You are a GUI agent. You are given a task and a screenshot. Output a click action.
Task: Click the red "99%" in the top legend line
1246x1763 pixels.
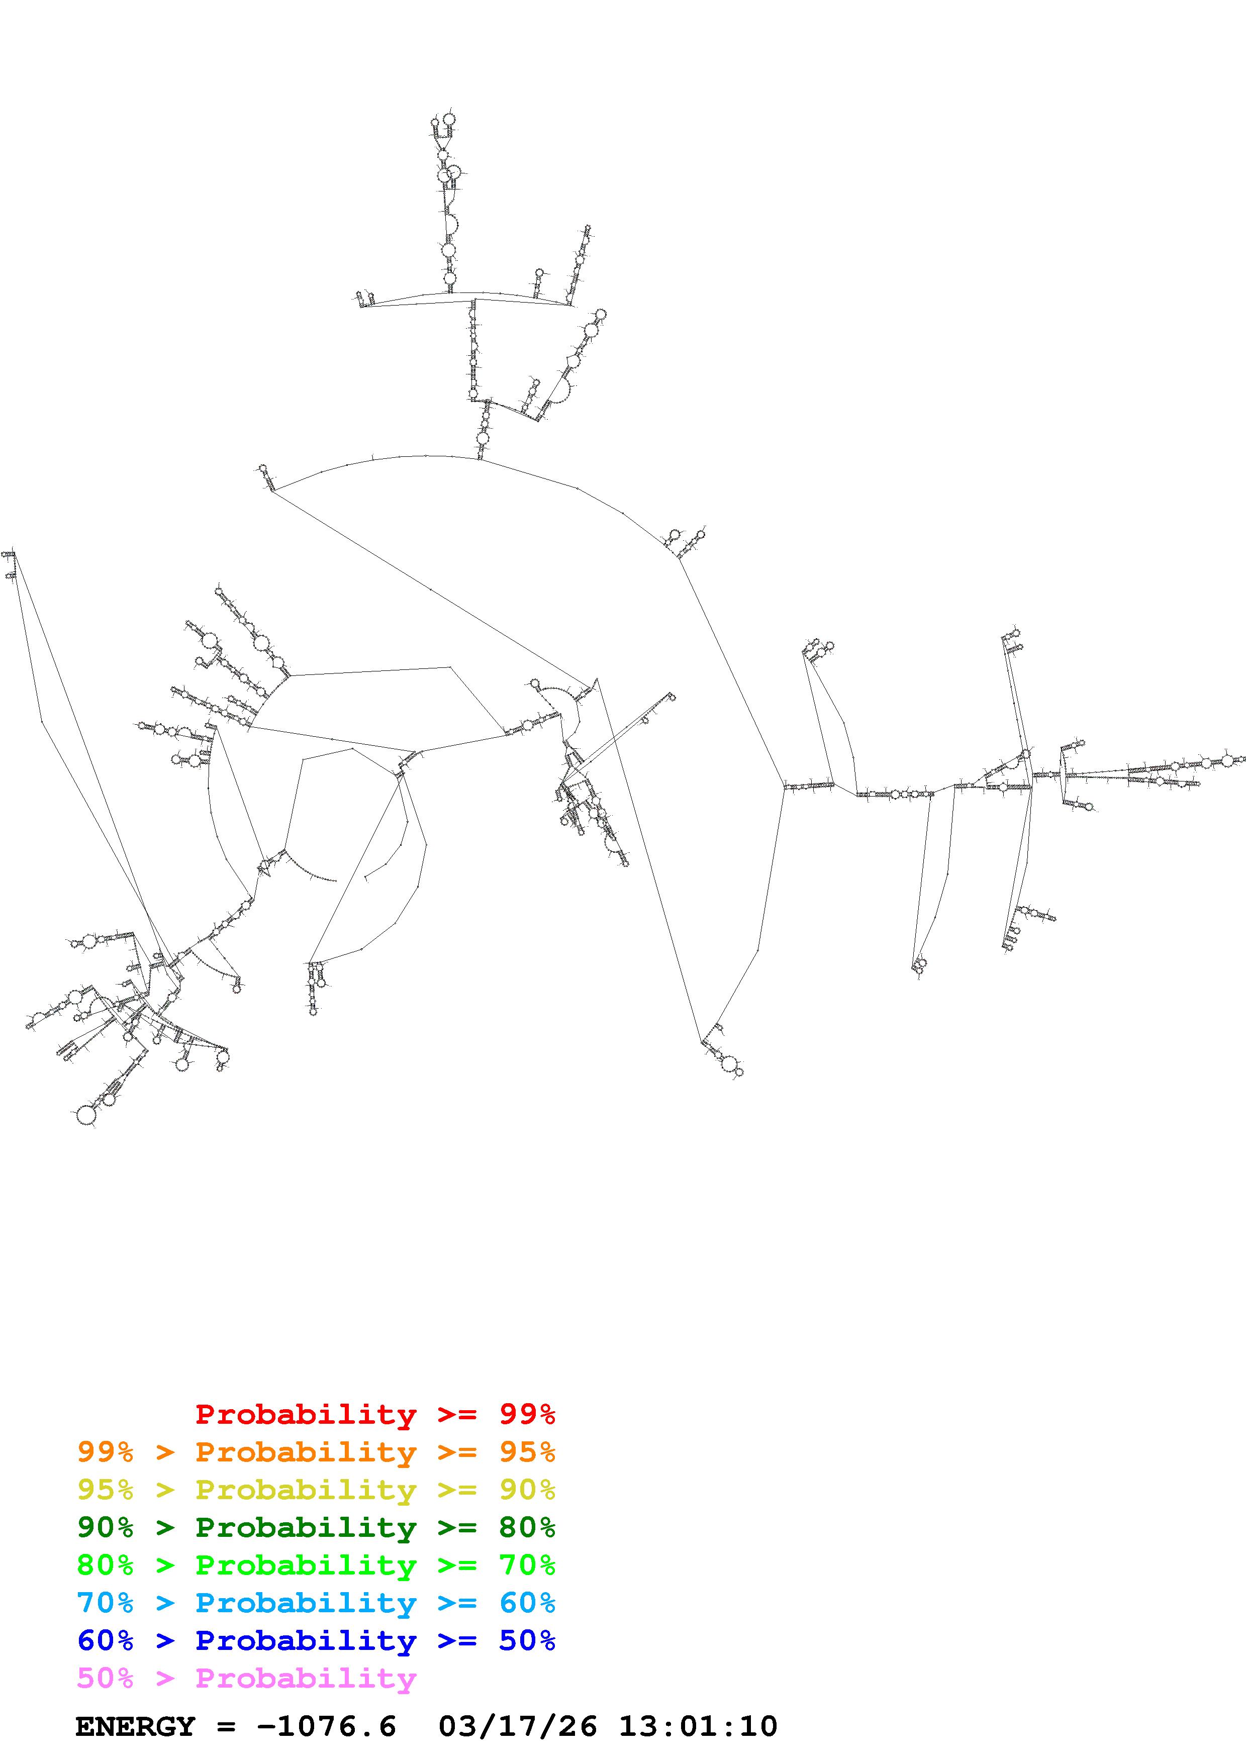[x=527, y=1414]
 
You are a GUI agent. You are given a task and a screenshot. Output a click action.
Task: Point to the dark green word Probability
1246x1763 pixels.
[x=306, y=1527]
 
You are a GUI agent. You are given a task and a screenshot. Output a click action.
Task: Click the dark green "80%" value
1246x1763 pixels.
[x=527, y=1527]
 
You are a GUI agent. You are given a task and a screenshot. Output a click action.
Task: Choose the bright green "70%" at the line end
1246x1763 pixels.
[x=527, y=1565]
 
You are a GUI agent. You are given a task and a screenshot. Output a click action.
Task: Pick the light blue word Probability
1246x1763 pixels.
[x=306, y=1603]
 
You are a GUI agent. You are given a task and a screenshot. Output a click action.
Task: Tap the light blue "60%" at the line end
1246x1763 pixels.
[x=527, y=1603]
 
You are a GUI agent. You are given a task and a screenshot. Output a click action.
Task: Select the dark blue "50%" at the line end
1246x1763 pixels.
[x=527, y=1640]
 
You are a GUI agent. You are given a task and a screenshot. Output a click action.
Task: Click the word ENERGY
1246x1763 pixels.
[x=135, y=1726]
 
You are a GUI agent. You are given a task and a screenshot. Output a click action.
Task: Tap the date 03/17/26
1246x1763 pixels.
[x=517, y=1726]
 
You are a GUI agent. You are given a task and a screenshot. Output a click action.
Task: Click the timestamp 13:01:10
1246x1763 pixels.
[x=698, y=1726]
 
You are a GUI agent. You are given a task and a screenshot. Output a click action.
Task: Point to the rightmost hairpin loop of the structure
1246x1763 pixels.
[x=1227, y=760]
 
